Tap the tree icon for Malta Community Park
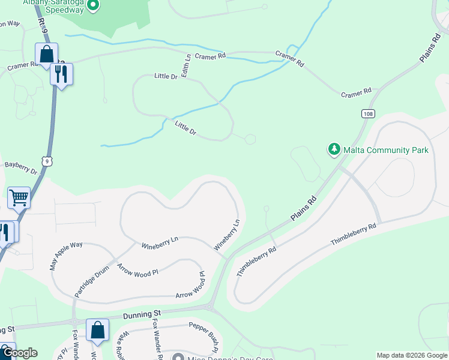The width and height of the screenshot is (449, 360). point(334,149)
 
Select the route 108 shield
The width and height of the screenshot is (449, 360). point(368,113)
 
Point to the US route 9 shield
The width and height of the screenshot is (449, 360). point(48,161)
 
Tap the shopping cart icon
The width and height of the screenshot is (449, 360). point(19,197)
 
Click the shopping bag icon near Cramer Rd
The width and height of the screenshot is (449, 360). point(46,54)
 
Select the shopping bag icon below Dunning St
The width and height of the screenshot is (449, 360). point(97,329)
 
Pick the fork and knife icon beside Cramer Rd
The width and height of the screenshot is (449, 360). point(61,74)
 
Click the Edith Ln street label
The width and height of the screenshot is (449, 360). point(187,65)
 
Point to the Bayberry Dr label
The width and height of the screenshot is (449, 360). point(21,168)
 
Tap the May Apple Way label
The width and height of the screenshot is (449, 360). point(67,257)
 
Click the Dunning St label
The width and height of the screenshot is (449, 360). point(143,314)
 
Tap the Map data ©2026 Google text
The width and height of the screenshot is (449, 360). point(412,355)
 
